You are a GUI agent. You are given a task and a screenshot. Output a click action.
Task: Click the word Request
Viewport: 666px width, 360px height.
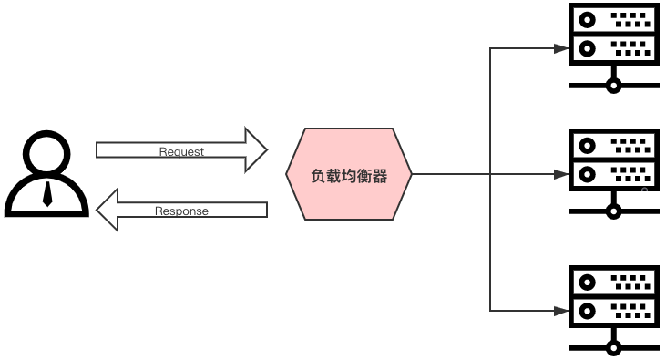pos(181,151)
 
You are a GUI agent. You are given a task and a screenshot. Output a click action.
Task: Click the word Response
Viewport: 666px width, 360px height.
pos(181,211)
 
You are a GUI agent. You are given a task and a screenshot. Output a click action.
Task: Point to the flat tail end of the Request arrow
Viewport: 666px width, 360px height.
pos(98,149)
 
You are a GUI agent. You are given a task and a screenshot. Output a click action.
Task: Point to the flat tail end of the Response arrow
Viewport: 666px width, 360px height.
pos(265,210)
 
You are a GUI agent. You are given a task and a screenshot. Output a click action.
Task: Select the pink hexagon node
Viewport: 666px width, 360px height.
pos(349,174)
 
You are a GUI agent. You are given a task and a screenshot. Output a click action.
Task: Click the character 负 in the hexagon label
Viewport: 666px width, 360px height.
pos(318,176)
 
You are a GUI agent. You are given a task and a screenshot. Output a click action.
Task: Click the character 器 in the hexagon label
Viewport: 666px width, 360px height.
pos(380,176)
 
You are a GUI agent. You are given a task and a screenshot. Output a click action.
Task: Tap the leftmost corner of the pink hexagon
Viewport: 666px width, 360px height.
pos(287,174)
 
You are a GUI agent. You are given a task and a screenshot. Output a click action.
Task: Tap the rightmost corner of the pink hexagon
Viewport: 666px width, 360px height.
pos(412,174)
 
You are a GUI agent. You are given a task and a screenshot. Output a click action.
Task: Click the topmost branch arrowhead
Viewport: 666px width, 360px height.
pos(562,48)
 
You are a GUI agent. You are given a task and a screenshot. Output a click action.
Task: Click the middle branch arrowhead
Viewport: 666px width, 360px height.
pos(562,174)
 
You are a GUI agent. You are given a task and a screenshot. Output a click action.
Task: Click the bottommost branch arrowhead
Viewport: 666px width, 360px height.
pos(562,311)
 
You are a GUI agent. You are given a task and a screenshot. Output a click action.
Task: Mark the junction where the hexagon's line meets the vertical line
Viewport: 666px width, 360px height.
pos(491,174)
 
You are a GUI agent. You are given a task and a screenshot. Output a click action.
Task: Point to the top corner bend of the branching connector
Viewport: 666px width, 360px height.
pos(491,48)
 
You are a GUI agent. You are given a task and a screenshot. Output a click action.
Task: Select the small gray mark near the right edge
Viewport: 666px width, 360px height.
pos(644,189)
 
